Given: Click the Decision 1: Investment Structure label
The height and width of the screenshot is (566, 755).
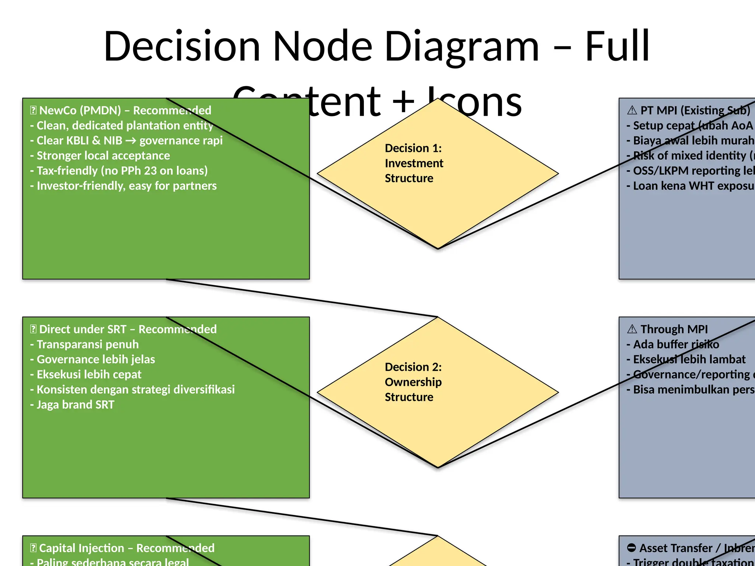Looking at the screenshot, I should coord(414,163).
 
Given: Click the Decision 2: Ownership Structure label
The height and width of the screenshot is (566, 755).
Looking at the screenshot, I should coord(413,382).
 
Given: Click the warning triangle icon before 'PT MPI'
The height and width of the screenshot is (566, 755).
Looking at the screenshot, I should coord(632,110).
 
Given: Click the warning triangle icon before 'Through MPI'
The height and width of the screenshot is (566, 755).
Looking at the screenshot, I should coord(632,329).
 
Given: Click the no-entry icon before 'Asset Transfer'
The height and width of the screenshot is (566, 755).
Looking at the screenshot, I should coord(632,548).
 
